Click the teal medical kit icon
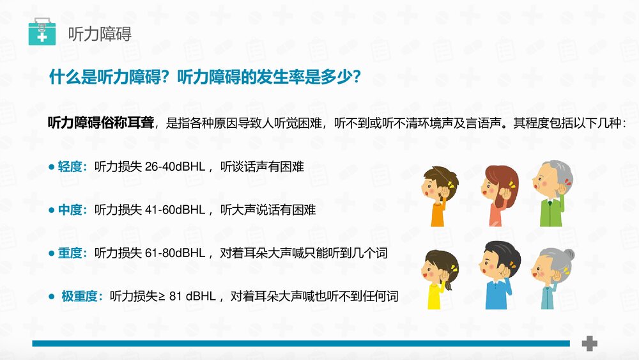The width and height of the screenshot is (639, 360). pos(42,31)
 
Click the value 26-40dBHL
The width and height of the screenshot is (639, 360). pos(174,168)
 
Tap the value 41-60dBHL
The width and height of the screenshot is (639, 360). pos(174,210)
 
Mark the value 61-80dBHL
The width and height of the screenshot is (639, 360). pos(174,253)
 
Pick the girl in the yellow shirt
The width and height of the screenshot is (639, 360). pos(439,278)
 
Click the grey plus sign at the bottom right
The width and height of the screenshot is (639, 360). pos(589,343)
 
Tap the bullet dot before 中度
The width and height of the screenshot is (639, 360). pos(52,210)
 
